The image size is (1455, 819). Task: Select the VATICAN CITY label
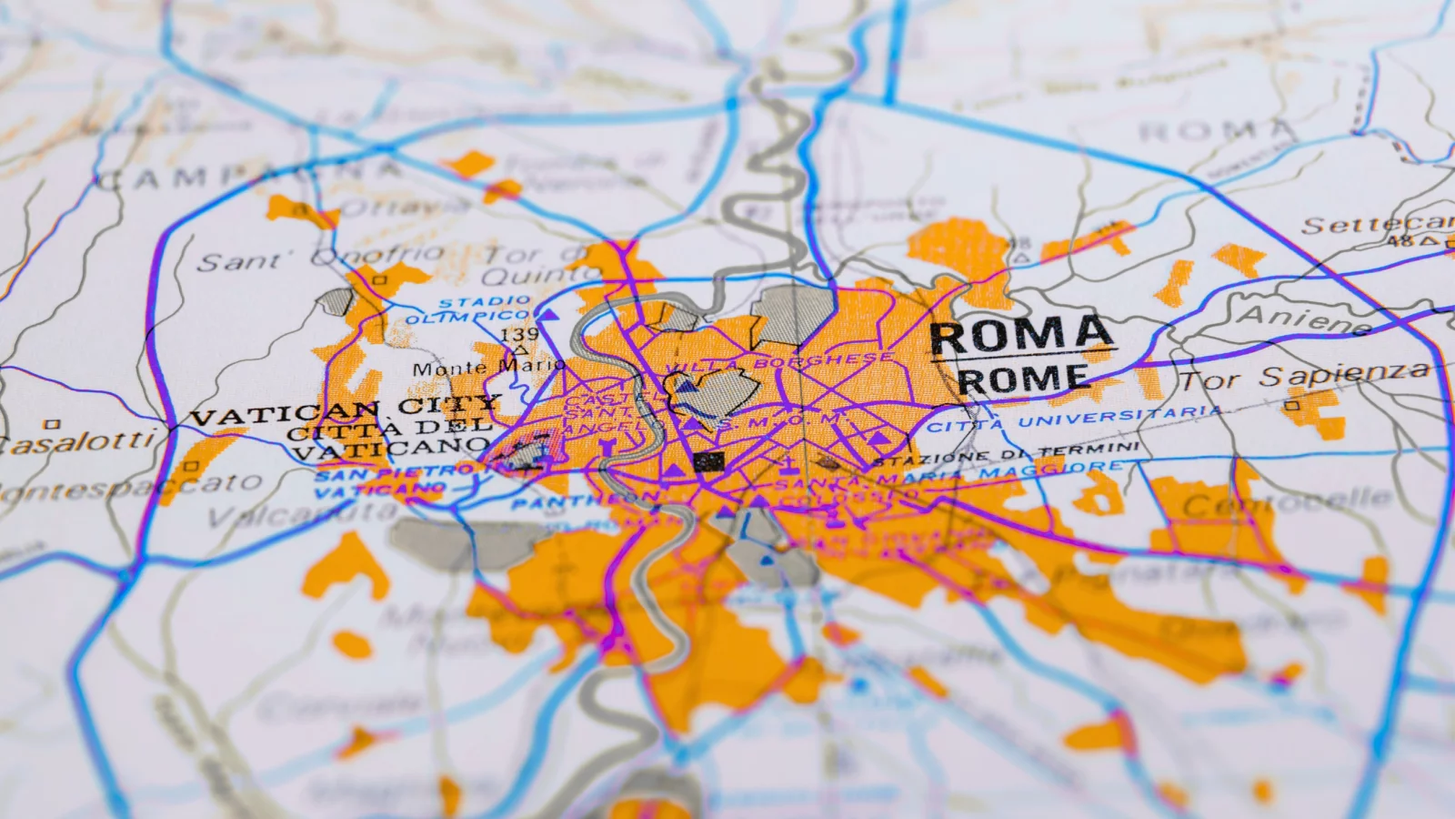pyautogui.click(x=344, y=410)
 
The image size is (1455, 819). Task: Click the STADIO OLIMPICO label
pyautogui.click(x=473, y=309)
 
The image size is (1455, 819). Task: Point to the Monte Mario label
pyautogui.click(x=488, y=367)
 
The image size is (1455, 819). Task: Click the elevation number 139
pyautogui.click(x=519, y=334)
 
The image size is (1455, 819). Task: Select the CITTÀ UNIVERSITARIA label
pyautogui.click(x=1073, y=419)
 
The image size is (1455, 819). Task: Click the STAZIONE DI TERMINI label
pyautogui.click(x=1005, y=453)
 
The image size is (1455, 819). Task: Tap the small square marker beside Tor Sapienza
pyautogui.click(x=1292, y=405)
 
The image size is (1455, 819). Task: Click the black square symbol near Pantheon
pyautogui.click(x=708, y=461)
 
